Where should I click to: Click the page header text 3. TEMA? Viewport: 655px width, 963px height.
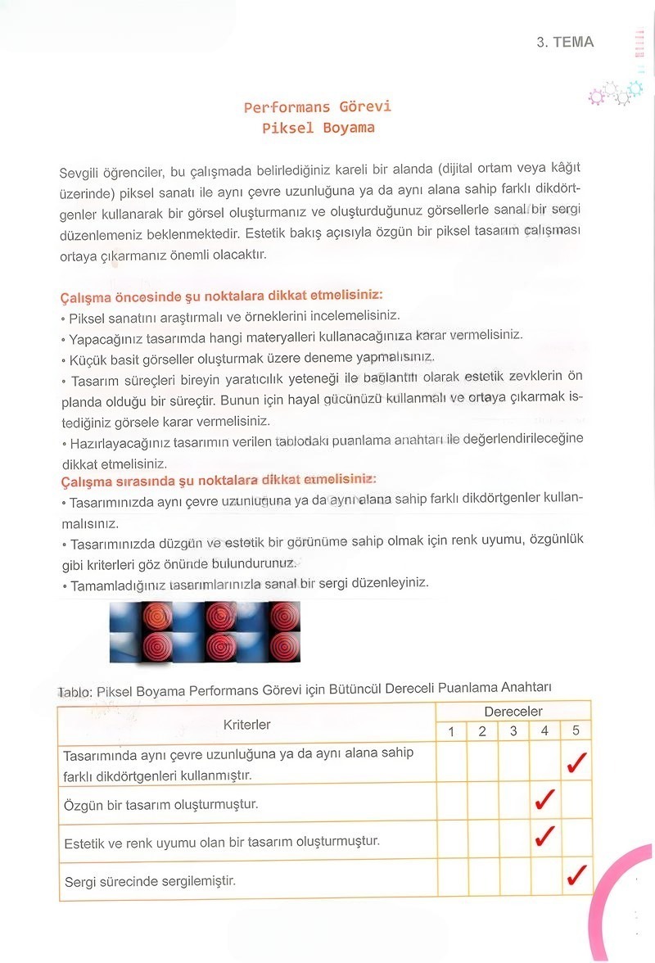point(565,42)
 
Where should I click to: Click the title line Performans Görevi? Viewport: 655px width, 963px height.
point(318,107)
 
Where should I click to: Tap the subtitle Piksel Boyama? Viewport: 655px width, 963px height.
point(318,128)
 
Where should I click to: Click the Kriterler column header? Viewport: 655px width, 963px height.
point(246,725)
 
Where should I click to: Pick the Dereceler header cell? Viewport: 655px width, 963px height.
point(513,712)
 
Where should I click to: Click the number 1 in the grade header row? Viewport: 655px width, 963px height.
point(451,731)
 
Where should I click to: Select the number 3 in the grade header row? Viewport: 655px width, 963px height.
point(513,731)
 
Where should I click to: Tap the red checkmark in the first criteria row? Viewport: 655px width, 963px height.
point(576,763)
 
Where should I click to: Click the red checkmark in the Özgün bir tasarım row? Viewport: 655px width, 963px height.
point(544,800)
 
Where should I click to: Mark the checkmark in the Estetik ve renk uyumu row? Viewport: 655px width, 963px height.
point(544,837)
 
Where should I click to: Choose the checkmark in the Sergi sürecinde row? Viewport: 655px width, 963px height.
point(576,877)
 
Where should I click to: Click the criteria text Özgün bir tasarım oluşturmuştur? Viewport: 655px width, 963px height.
point(160,805)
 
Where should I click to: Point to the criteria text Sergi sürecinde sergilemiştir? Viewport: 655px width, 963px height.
point(150,881)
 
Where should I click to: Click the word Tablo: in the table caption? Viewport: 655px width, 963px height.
point(75,691)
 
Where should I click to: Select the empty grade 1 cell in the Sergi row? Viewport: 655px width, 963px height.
point(451,880)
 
